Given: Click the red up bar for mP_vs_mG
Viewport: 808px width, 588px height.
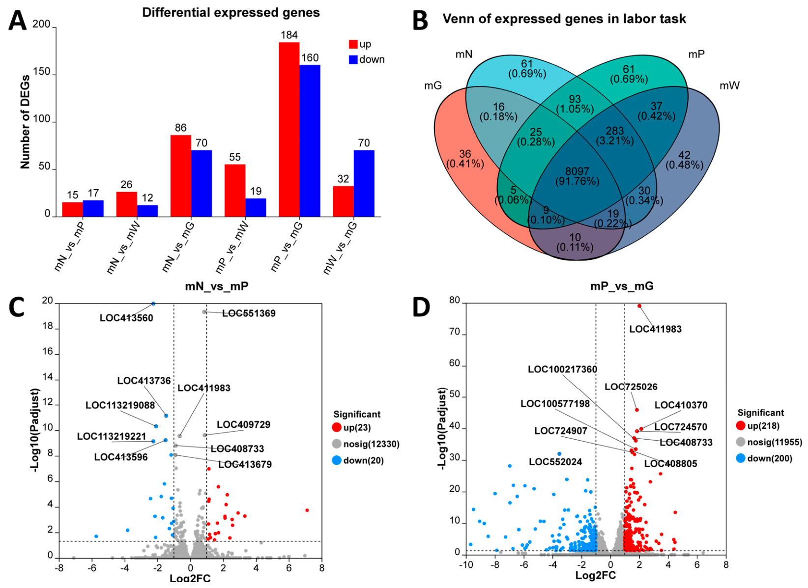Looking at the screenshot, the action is point(289,129).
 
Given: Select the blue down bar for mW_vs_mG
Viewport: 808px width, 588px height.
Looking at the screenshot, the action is point(364,183).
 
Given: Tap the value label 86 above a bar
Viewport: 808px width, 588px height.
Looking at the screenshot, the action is point(181,128).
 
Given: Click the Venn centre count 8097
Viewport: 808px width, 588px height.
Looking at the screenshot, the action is point(577,171).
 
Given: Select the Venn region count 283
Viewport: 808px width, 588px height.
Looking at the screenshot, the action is point(615,131).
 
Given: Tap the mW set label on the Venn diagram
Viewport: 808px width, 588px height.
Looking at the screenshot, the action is point(730,85).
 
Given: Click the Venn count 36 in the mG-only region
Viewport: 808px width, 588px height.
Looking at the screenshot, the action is point(465,154).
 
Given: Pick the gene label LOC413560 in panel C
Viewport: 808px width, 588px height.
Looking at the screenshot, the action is point(127,318).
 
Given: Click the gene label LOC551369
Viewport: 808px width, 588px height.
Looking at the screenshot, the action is point(249,313).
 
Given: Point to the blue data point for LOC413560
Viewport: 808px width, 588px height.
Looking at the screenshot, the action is point(153,304).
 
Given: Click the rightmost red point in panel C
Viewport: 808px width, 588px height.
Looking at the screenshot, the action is point(307,510).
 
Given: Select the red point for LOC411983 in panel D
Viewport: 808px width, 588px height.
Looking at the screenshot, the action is point(639,306).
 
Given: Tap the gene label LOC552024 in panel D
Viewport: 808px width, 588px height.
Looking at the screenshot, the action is point(555,462).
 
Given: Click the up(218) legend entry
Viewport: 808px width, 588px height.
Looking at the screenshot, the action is point(758,426).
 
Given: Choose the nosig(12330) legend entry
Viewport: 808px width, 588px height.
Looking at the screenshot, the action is point(366,444).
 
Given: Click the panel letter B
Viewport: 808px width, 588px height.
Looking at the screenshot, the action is point(420,21).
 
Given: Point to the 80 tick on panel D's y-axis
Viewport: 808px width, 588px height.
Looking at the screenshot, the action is point(455,301).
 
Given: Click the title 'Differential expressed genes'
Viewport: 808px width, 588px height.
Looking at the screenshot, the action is point(231,13).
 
